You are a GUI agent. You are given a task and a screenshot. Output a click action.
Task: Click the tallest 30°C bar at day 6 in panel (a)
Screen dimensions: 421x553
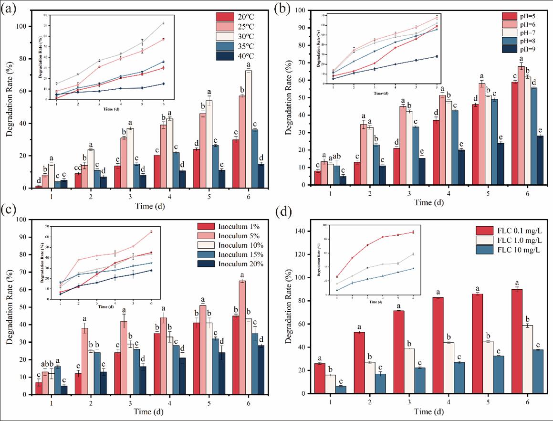(x=249, y=129)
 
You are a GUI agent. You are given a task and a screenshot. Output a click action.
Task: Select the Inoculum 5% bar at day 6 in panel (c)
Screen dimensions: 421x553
(x=242, y=337)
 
